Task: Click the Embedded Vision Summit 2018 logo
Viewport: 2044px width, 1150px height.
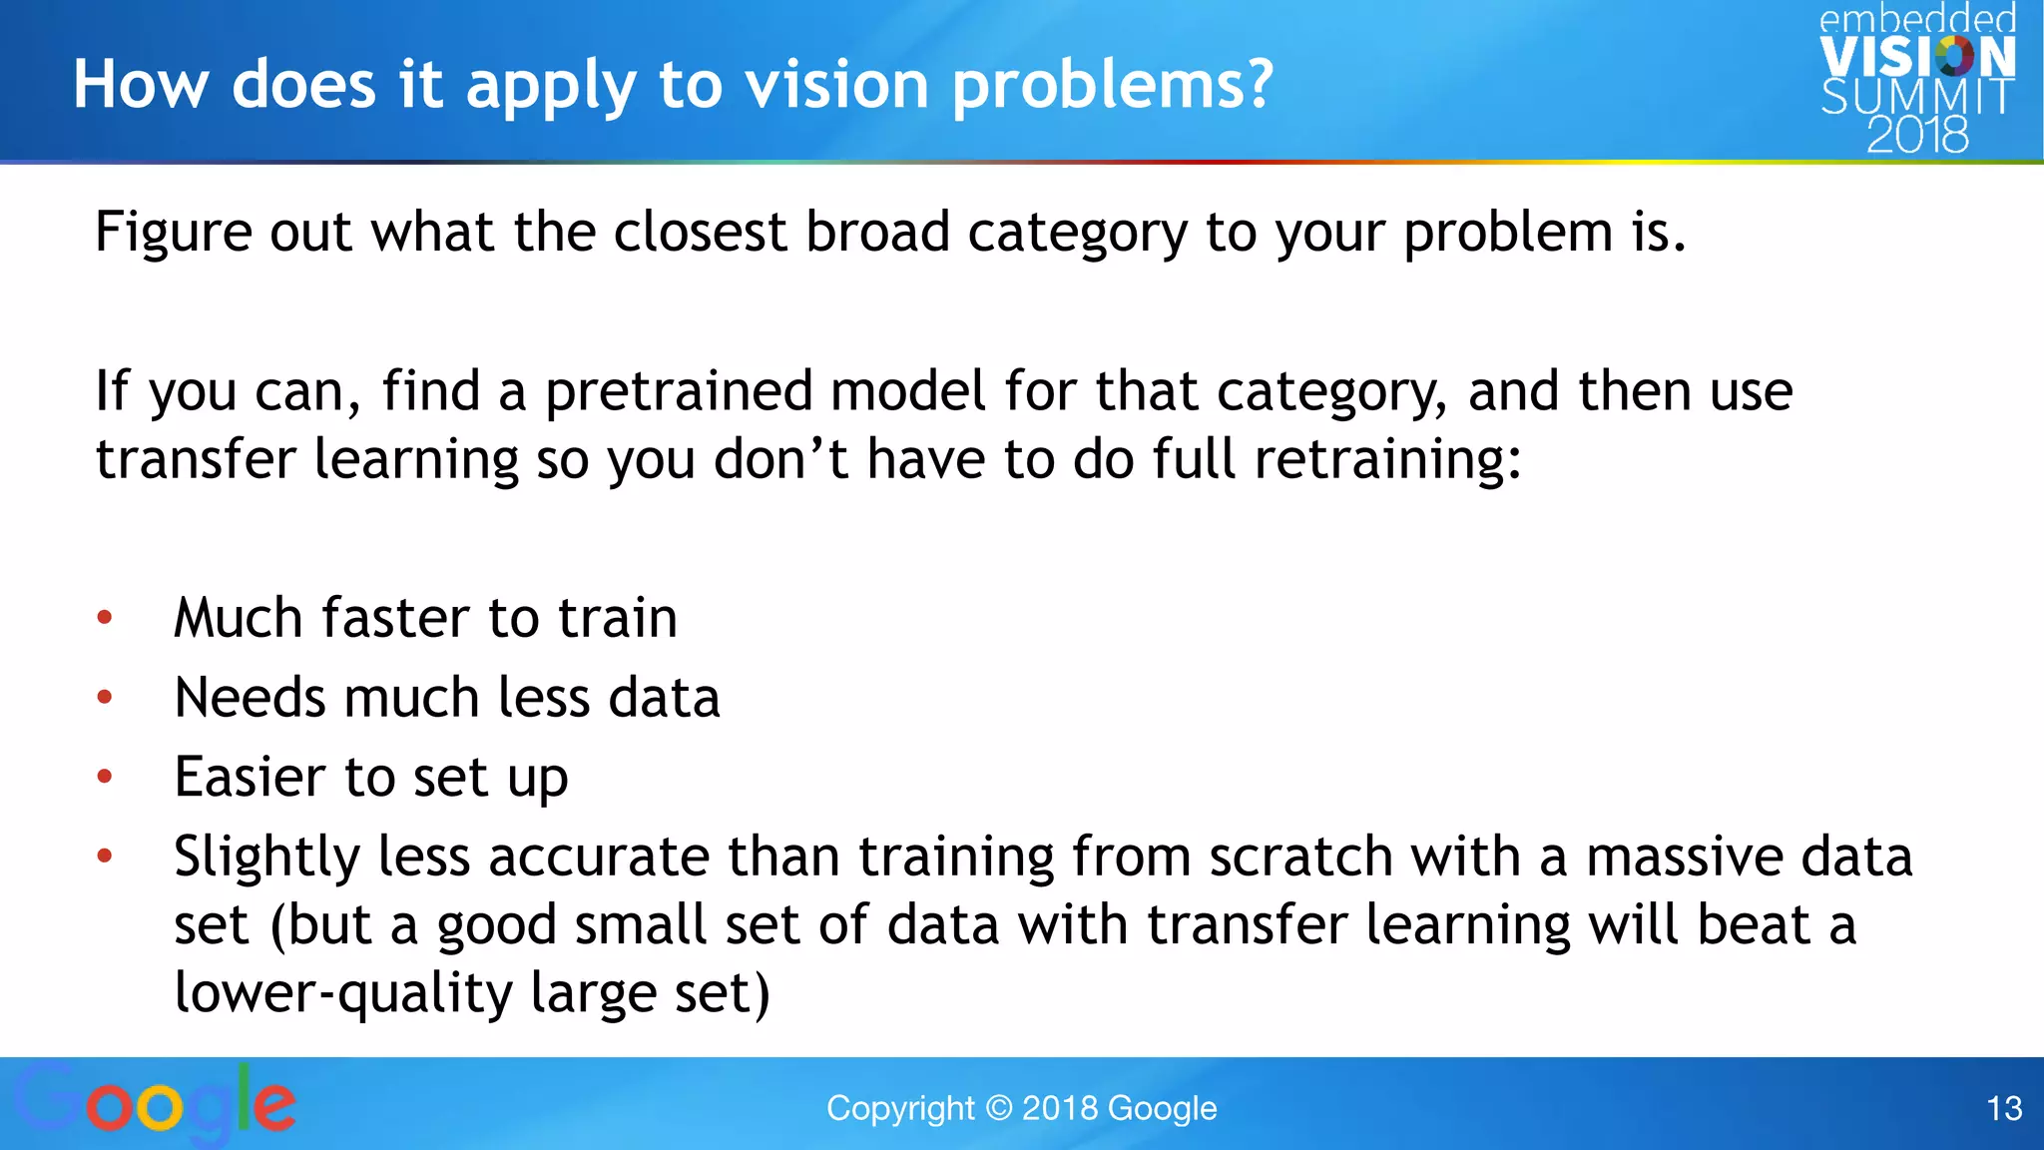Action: point(1916,80)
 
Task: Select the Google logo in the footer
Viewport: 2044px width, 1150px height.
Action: point(155,1105)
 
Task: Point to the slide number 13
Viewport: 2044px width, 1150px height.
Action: point(2004,1108)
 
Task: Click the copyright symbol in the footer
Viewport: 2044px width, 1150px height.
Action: point(998,1108)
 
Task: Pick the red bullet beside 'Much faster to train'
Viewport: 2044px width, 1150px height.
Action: point(105,618)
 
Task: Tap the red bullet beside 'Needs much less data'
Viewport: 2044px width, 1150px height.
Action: point(105,698)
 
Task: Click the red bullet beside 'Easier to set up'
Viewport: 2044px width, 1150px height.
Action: point(105,777)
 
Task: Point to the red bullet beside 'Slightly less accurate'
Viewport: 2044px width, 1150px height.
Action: point(105,856)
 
